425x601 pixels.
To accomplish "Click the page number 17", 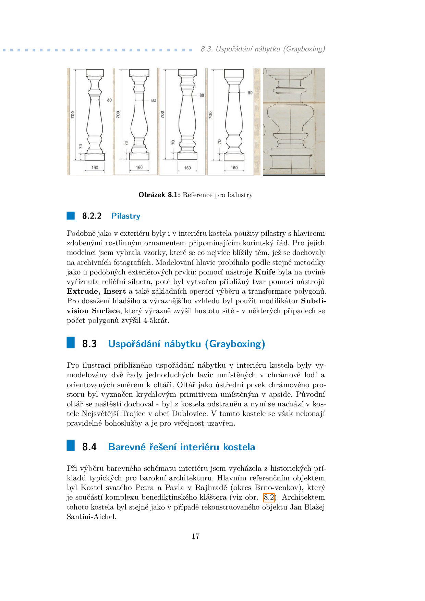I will (x=195, y=536).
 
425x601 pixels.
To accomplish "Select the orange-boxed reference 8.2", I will (x=269, y=497).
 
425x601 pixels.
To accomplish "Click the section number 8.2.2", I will (x=92, y=216).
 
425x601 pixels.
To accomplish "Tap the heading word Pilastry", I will (x=126, y=216).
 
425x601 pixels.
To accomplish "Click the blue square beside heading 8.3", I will (x=71, y=343).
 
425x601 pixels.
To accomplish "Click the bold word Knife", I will (x=265, y=272).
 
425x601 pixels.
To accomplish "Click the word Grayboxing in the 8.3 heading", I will (x=235, y=344).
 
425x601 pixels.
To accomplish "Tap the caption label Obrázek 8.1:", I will (x=159, y=195).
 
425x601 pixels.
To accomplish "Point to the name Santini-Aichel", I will (x=92, y=517).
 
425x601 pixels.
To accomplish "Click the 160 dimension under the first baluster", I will (x=95, y=168).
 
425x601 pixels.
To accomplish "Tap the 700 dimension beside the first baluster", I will (x=73, y=115).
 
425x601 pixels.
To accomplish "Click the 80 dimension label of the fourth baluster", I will (x=250, y=93).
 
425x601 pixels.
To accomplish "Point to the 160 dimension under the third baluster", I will (x=187, y=168).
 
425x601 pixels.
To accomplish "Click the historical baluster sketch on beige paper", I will (x=294, y=122).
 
